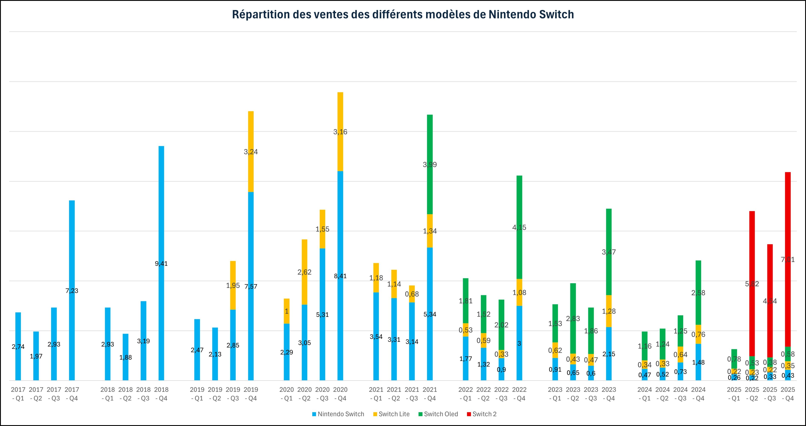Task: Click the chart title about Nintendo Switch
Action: click(403, 15)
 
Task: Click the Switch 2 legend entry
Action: click(484, 414)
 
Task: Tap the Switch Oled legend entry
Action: click(441, 414)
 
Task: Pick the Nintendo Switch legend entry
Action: click(341, 414)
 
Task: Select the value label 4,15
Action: click(519, 227)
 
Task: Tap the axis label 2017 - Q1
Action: click(18, 394)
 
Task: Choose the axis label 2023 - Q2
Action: click(573, 394)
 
